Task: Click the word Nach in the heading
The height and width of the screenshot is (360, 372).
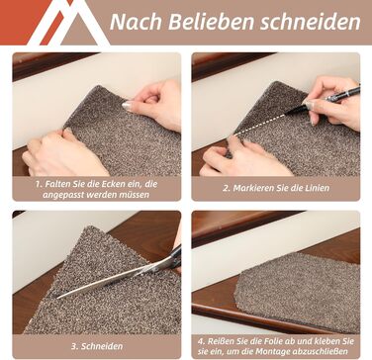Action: point(136,22)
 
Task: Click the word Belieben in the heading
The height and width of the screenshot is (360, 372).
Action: point(211,22)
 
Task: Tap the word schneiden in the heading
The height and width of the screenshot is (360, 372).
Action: point(310,22)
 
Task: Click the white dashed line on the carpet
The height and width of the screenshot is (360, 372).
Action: point(260,124)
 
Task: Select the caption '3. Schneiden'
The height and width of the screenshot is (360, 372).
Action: point(97,346)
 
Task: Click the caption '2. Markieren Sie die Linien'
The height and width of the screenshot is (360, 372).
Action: point(276,188)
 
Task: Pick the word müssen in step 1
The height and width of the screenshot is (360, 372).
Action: point(135,195)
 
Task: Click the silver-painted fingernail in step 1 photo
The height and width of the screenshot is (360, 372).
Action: point(127,106)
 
